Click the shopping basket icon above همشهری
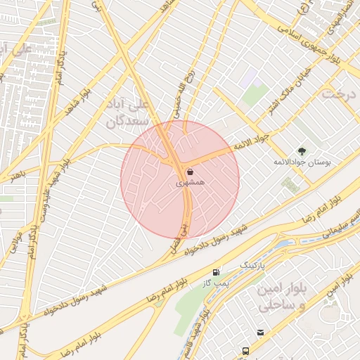click(190, 172)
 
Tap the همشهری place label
click(190, 182)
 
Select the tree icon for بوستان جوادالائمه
click(302, 150)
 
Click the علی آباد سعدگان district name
click(128, 112)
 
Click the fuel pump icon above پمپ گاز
click(216, 271)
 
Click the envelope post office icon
click(261, 332)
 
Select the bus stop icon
click(245, 351)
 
